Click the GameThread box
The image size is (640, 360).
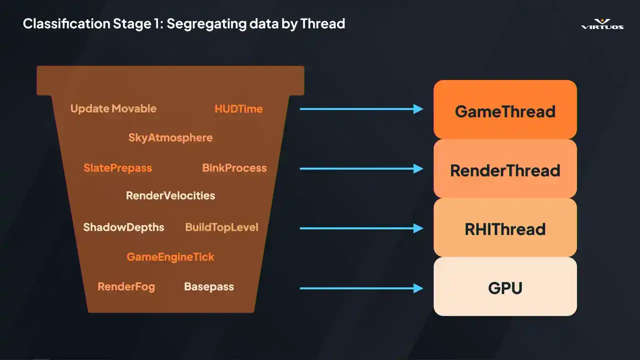click(505, 110)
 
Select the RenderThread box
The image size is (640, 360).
click(505, 169)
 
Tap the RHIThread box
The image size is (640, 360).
click(505, 228)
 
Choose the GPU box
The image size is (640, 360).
click(505, 287)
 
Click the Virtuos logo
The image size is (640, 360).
click(602, 24)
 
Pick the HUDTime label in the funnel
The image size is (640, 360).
click(238, 108)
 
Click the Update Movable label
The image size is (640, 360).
click(113, 108)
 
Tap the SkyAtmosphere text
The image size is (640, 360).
click(170, 137)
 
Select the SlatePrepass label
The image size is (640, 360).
click(117, 168)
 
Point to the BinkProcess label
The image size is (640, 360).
click(234, 168)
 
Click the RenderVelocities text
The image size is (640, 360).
click(170, 195)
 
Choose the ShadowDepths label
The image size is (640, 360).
click(123, 227)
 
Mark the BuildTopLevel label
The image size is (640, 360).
click(221, 227)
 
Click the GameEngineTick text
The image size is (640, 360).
click(170, 257)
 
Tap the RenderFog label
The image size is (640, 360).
click(126, 286)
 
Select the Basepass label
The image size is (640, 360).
click(209, 286)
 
